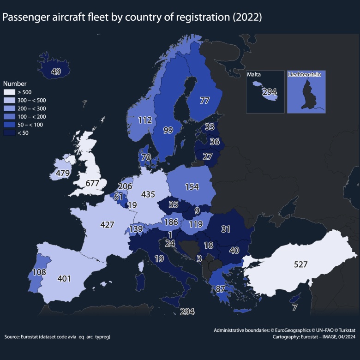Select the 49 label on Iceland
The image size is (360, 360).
coord(56,71)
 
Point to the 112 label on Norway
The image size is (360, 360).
coord(145,120)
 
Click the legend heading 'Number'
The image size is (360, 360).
coord(13,84)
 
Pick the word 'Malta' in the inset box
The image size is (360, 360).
coord(254,75)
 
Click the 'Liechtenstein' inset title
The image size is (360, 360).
coord(305,74)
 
